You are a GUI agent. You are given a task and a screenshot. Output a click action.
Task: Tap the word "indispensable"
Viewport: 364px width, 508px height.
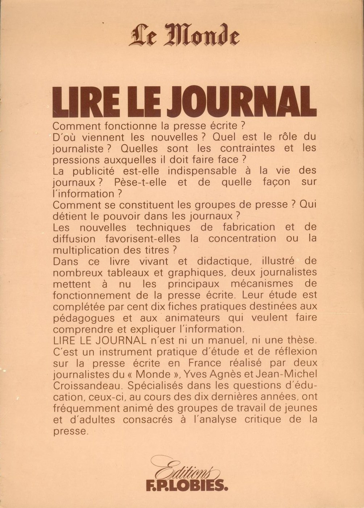click(x=205, y=171)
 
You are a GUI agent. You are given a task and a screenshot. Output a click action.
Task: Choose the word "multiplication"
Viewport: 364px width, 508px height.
click(x=91, y=250)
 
